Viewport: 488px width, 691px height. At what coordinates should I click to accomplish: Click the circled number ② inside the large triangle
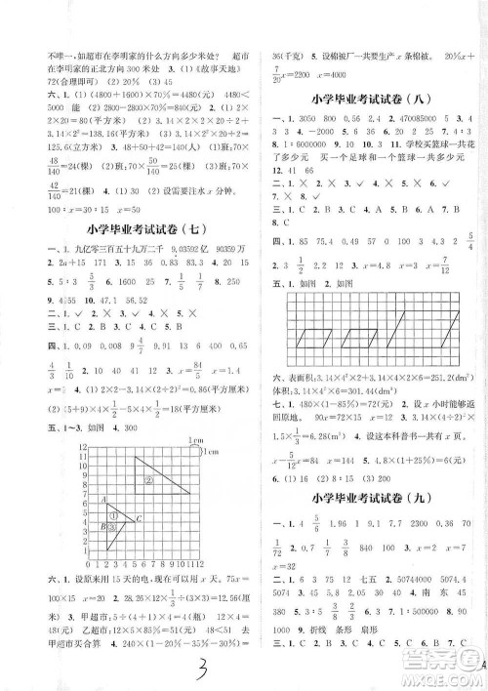pyautogui.click(x=151, y=479)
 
